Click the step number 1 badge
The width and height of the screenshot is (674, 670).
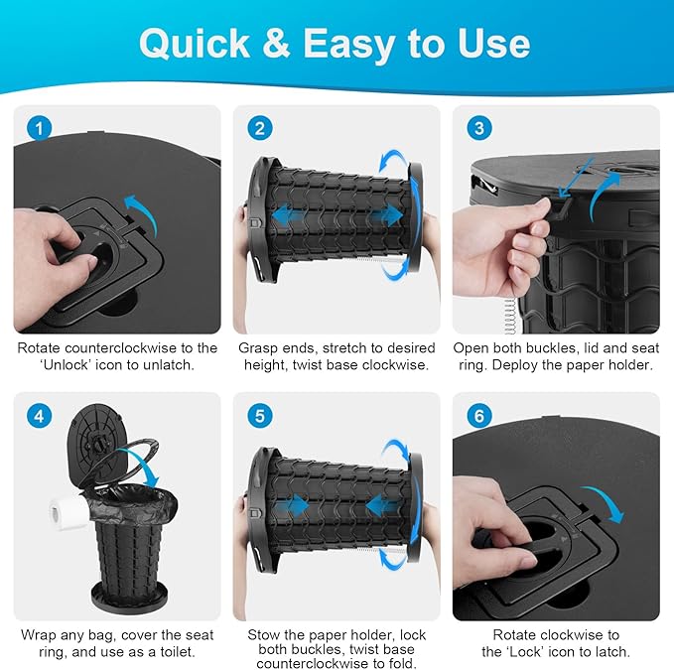(x=39, y=128)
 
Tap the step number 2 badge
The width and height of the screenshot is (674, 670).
(x=260, y=128)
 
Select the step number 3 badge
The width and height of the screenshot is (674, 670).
(x=479, y=128)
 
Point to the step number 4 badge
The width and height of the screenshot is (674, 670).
(x=39, y=416)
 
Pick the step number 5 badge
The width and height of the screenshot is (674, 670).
(x=260, y=416)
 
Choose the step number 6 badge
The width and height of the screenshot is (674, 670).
(x=479, y=416)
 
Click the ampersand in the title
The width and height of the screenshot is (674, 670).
(x=276, y=44)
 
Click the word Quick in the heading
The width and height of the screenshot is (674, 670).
(x=195, y=44)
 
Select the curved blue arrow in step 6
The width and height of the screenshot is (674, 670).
(x=607, y=500)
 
